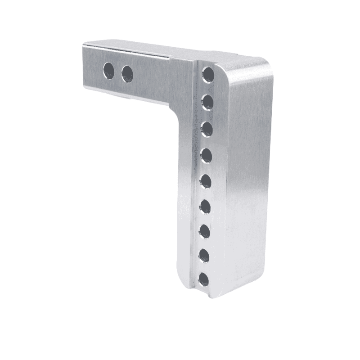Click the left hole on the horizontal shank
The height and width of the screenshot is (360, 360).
(108, 70)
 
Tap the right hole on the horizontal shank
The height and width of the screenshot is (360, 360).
(127, 74)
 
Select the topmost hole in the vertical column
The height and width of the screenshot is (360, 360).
(207, 74)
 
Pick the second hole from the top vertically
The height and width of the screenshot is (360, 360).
(207, 101)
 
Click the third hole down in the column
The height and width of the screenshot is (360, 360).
(207, 129)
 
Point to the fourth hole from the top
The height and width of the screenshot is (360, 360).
(207, 156)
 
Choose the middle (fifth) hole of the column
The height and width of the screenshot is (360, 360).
(206, 181)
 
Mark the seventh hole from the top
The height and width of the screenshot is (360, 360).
(205, 231)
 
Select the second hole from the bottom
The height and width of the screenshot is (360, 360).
(205, 256)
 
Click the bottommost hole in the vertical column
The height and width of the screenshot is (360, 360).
(204, 279)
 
